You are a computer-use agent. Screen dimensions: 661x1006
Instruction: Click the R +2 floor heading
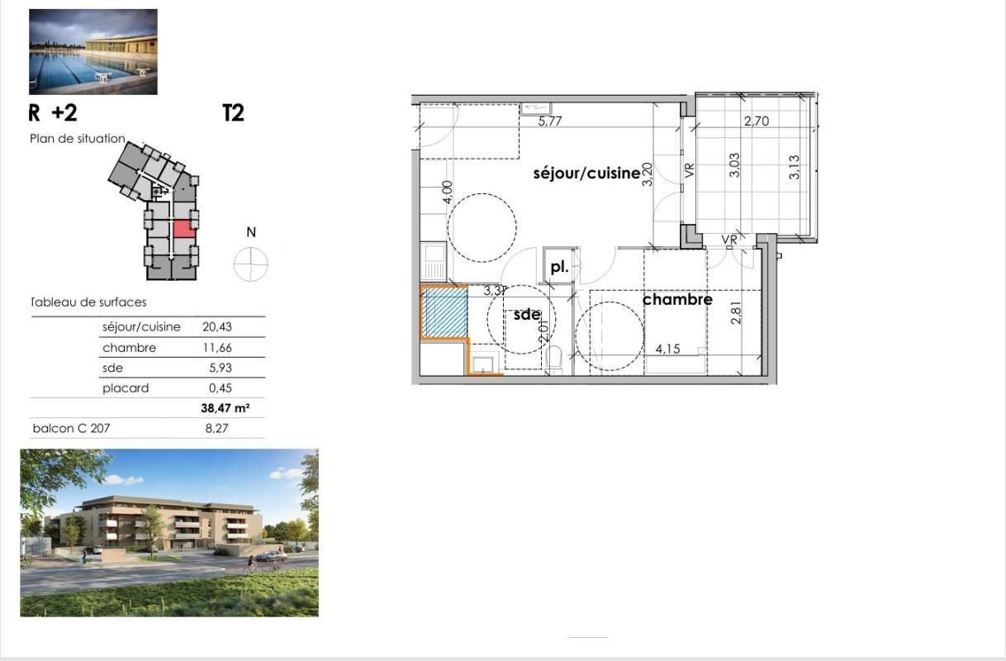(x=53, y=113)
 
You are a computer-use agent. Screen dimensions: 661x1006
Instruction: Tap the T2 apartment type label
(x=234, y=113)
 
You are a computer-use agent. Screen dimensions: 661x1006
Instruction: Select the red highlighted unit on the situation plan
(x=184, y=229)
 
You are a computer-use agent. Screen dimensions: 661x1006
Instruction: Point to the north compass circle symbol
(x=251, y=264)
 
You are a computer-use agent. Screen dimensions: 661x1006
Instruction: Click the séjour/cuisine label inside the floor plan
(x=586, y=174)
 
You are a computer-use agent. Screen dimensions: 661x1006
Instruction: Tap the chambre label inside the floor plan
(x=677, y=299)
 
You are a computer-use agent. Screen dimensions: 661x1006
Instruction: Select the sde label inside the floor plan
(x=527, y=315)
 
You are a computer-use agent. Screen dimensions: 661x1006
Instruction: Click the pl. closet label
(x=560, y=267)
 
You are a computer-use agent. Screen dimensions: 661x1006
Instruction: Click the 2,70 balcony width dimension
(x=757, y=121)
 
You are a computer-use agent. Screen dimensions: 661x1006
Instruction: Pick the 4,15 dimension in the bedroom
(x=668, y=349)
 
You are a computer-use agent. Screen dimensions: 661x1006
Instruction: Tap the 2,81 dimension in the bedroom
(x=736, y=311)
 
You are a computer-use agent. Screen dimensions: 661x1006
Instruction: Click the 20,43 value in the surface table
(x=216, y=327)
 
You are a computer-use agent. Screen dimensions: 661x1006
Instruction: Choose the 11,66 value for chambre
(x=216, y=348)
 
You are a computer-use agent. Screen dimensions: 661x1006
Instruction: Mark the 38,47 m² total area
(x=225, y=408)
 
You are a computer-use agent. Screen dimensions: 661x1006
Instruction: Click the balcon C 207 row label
(x=71, y=428)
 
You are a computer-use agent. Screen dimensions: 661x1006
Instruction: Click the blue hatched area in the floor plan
(x=446, y=311)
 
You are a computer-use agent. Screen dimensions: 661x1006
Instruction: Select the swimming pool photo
(x=93, y=51)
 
